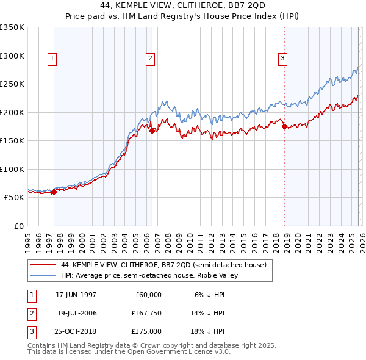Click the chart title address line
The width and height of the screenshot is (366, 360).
tap(183, 5)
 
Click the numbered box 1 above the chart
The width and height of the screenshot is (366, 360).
tap(52, 59)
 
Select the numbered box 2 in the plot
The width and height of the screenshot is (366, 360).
tap(150, 59)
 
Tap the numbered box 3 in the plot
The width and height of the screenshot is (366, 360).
tap(283, 59)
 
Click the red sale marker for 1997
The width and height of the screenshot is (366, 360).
tap(54, 192)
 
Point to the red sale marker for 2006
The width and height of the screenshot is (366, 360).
tap(152, 130)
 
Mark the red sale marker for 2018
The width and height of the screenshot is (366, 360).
tap(284, 126)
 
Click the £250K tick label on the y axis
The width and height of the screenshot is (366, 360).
tap(13, 84)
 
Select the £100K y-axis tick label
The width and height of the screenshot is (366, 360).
tap(13, 169)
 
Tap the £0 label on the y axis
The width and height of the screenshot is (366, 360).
tap(18, 226)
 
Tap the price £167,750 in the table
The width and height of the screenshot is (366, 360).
tap(146, 313)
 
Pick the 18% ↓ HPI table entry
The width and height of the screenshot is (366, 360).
tap(209, 331)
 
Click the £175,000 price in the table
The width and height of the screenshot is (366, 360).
tap(146, 331)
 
